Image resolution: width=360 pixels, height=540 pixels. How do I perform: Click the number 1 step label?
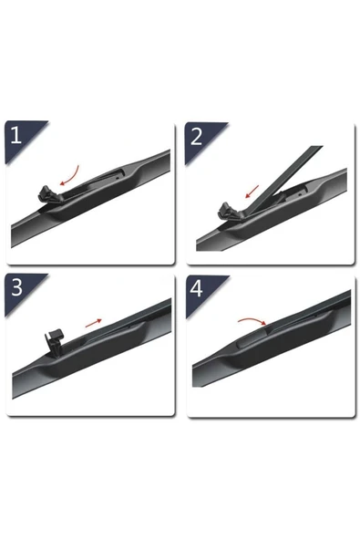[x=15, y=135]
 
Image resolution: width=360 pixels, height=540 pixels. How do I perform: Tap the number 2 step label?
[x=197, y=136]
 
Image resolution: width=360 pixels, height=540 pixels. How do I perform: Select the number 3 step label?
[x=16, y=287]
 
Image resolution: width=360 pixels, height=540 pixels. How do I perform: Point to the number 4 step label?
[x=196, y=288]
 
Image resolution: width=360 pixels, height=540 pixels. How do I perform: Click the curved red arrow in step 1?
[x=72, y=177]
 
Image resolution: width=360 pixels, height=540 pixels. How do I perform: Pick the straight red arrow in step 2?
[x=252, y=192]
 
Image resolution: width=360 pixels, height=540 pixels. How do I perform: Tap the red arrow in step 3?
[x=93, y=323]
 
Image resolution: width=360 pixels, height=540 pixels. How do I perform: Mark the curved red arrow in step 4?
[x=252, y=320]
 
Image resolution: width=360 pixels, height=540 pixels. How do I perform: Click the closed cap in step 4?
[x=251, y=339]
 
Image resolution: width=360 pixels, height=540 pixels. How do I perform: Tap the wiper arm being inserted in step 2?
[x=284, y=178]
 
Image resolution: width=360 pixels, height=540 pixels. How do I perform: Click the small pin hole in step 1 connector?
[x=118, y=178]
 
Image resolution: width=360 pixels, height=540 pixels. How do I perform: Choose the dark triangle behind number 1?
[x=21, y=137]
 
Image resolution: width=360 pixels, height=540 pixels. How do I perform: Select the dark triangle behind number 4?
[x=202, y=291]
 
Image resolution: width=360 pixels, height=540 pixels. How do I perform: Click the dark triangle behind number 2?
[x=202, y=139]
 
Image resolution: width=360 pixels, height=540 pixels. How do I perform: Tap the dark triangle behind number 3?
[x=21, y=290]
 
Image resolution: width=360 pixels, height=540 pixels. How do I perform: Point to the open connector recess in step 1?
[x=94, y=183]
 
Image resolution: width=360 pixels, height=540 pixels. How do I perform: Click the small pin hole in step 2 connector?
[x=301, y=194]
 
